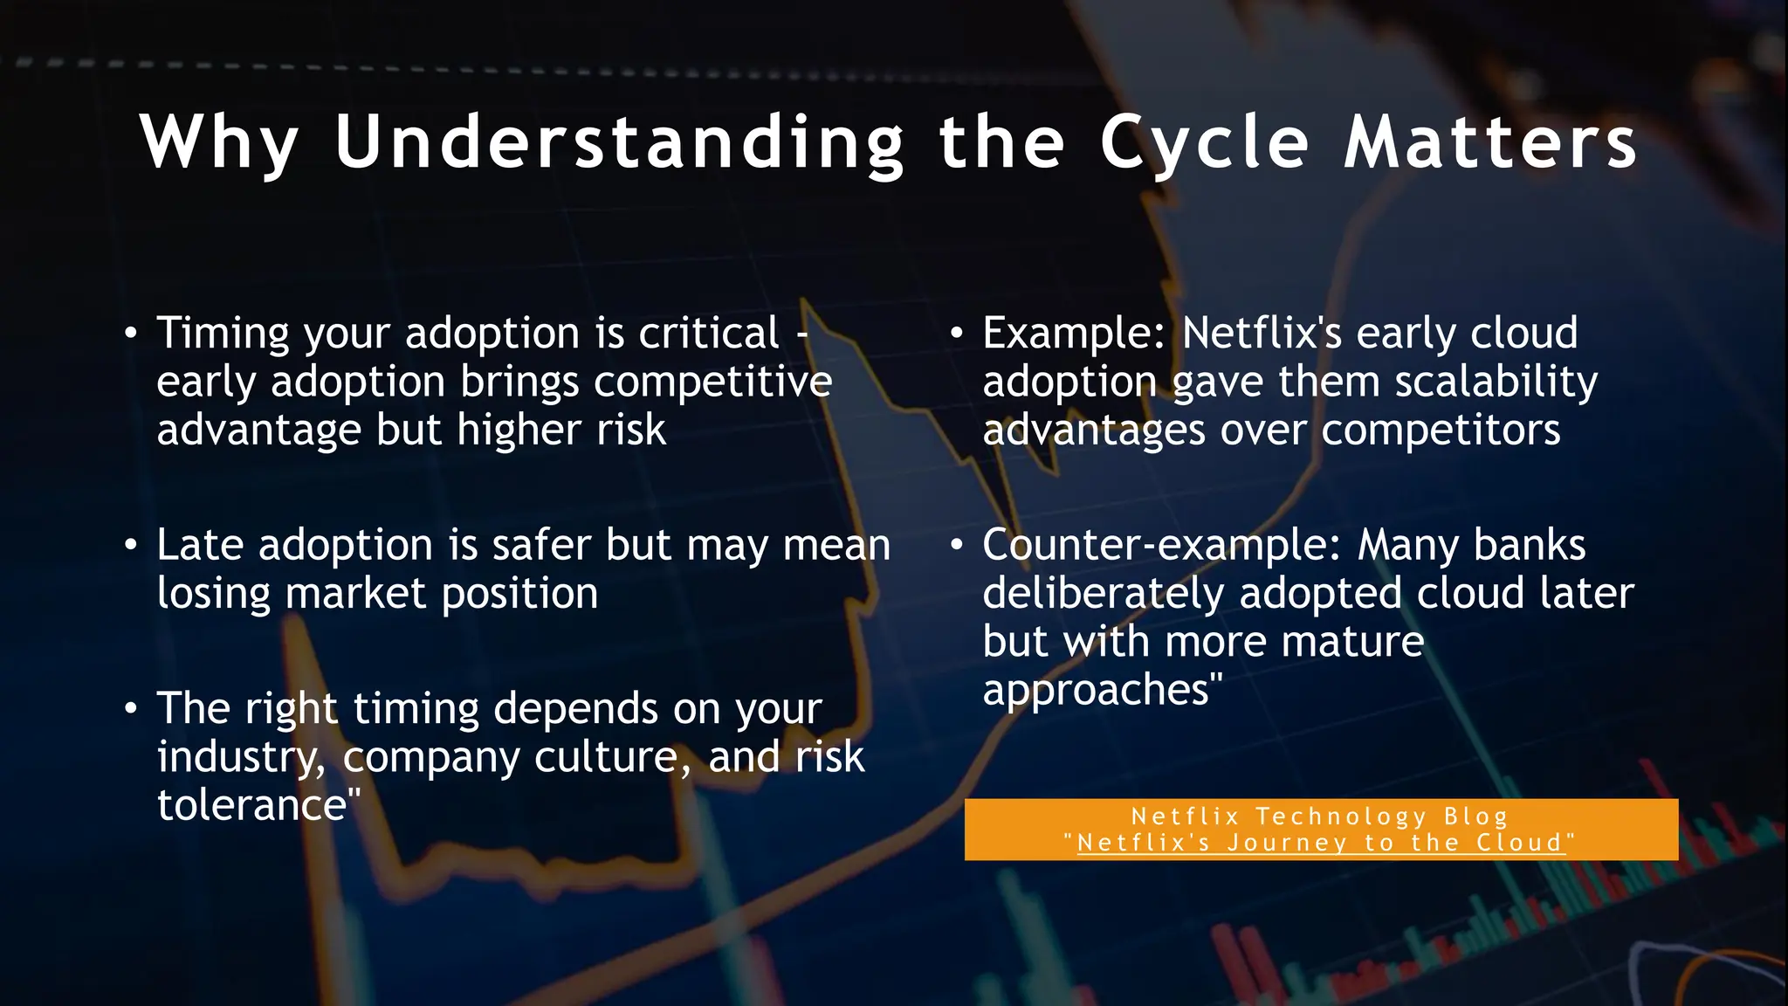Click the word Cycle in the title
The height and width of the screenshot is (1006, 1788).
(x=1205, y=142)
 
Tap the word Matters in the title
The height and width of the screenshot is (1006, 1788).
(x=1489, y=142)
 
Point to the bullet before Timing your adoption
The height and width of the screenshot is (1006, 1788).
(x=131, y=334)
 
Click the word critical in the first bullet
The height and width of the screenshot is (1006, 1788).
(x=709, y=334)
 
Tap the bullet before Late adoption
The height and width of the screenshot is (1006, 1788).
(x=131, y=545)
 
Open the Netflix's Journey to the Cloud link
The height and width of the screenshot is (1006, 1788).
(x=1320, y=843)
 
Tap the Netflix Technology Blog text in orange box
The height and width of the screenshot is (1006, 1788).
(x=1320, y=817)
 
